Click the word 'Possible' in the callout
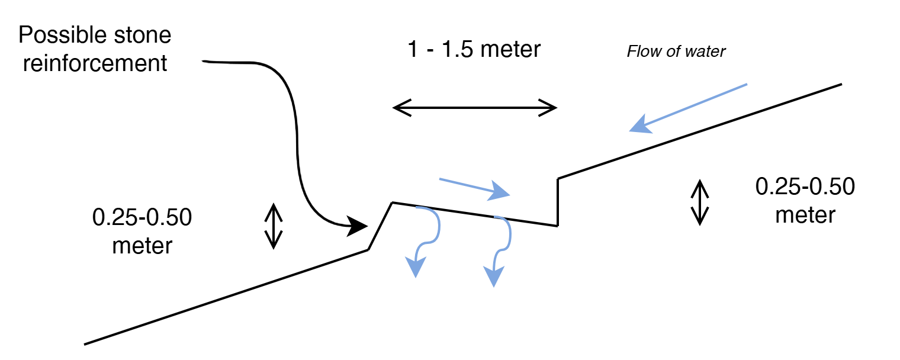coord(63,35)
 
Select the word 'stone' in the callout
coord(143,35)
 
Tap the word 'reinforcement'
coord(95,63)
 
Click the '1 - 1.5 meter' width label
coord(474,49)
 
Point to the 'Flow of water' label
coord(676,52)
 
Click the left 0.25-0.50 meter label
coord(142,231)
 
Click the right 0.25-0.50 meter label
coord(805,200)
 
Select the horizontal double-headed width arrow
coord(474,108)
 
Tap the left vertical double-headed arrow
coord(274,226)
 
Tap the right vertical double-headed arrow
coord(699,202)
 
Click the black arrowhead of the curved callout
coord(357,226)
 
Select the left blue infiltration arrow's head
coord(416,267)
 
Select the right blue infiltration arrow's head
coord(494,277)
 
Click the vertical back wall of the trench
coord(558,202)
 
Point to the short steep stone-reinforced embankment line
coord(380,226)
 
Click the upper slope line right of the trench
coord(699,131)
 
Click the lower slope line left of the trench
coord(226,297)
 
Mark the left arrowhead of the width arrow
coord(401,108)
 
